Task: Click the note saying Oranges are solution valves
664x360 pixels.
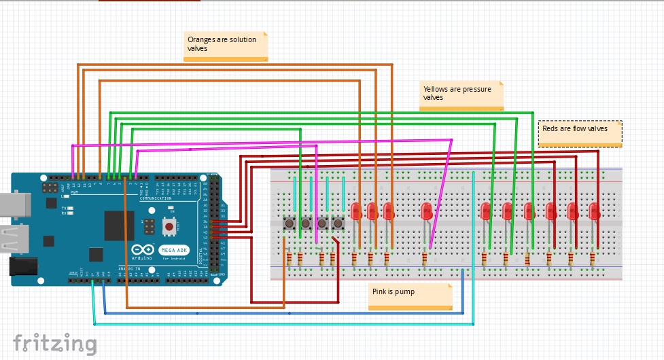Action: [226, 45]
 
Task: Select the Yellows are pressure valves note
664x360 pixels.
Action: [461, 94]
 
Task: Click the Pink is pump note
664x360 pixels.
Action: [410, 295]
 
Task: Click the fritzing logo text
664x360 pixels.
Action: [55, 344]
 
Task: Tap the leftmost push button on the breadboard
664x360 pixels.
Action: [289, 222]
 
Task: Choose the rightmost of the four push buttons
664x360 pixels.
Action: [338, 222]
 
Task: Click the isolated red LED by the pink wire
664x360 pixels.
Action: [426, 211]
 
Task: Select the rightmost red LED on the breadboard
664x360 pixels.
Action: [594, 211]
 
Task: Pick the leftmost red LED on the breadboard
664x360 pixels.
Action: [355, 211]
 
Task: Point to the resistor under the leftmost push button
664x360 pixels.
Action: [289, 259]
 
